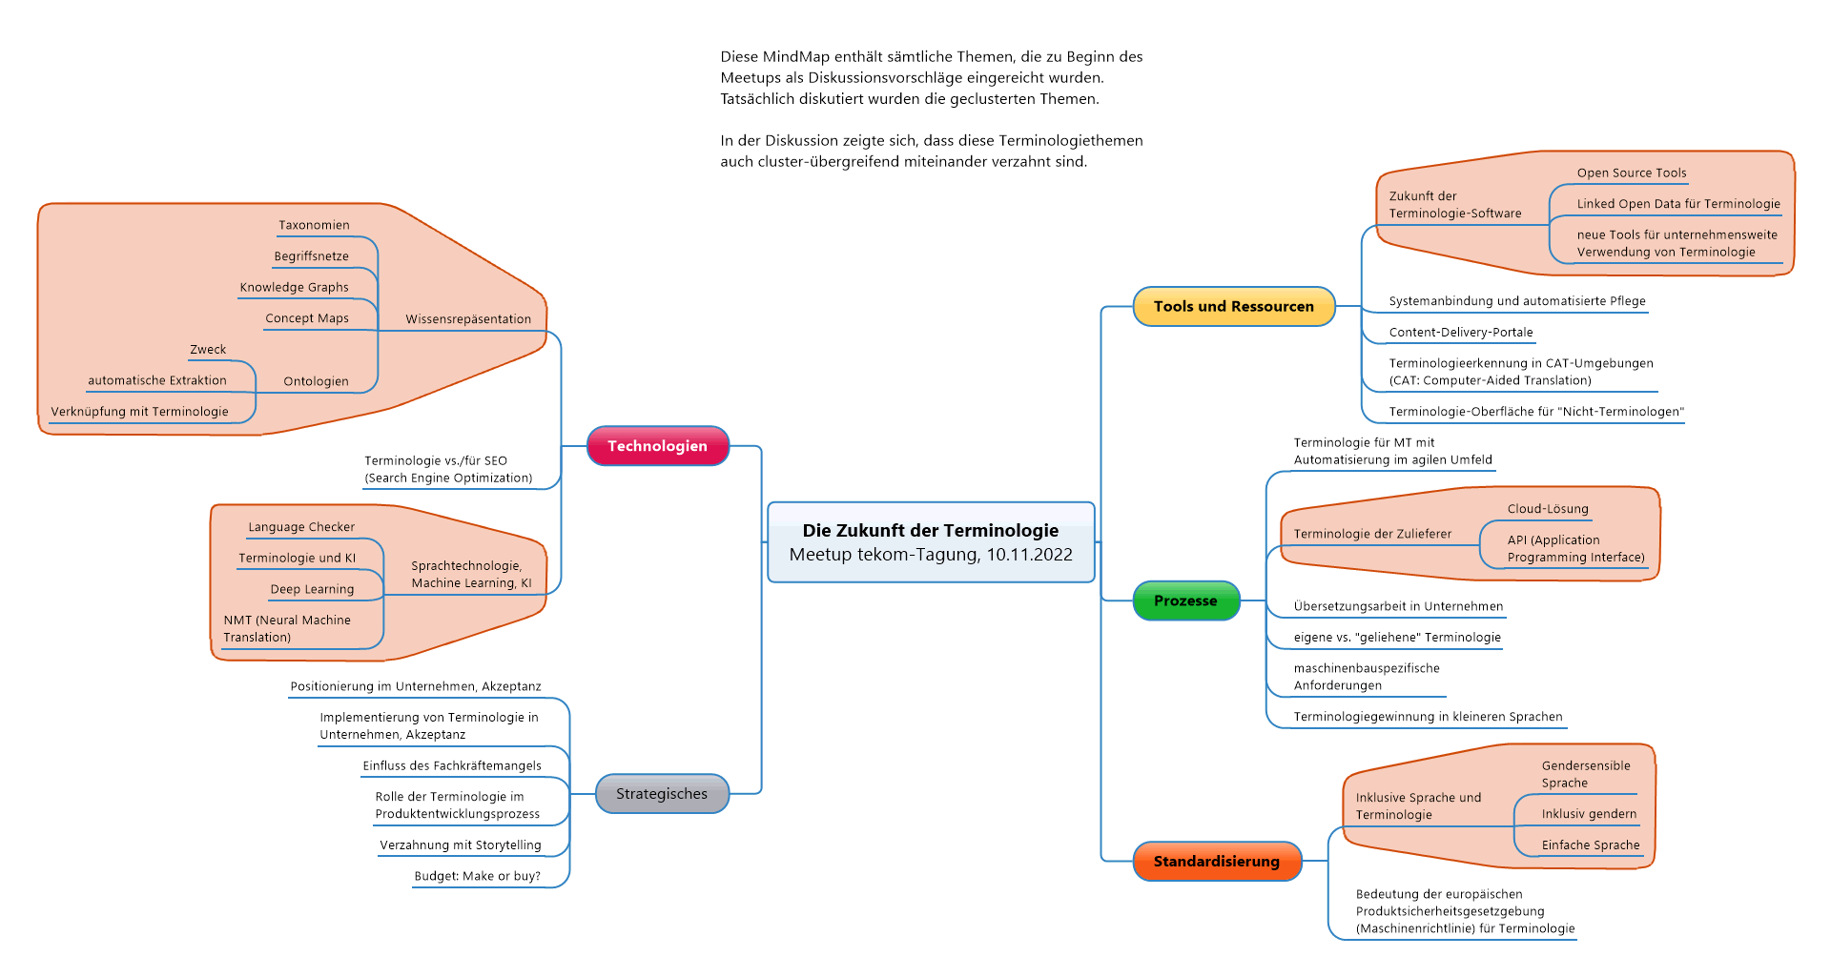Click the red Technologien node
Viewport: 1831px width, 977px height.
click(x=658, y=446)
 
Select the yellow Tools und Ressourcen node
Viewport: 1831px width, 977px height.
click(x=1234, y=307)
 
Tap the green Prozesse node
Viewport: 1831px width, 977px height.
click(x=1185, y=600)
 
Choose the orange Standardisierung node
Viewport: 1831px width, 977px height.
click(x=1217, y=862)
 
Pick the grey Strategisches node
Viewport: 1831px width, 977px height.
click(x=662, y=794)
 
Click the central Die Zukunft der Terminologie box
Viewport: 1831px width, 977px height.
click(x=931, y=542)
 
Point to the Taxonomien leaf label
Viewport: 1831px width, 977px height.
click(x=314, y=226)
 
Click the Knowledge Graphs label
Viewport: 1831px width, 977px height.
click(x=294, y=288)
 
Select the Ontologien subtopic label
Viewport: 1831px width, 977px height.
click(x=316, y=381)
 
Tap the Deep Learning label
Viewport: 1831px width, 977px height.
click(x=312, y=590)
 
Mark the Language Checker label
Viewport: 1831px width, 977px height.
click(x=301, y=527)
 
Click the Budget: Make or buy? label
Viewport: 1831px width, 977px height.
click(x=477, y=877)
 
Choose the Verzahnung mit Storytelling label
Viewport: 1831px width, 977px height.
click(x=460, y=845)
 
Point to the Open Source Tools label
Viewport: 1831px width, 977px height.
click(x=1632, y=173)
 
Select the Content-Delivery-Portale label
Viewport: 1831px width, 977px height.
click(x=1461, y=333)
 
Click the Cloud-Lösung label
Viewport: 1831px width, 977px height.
click(x=1548, y=509)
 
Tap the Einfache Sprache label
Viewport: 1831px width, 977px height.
click(x=1591, y=845)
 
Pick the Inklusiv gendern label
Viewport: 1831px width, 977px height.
click(x=1589, y=814)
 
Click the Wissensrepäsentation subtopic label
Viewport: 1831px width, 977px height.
click(x=468, y=319)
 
